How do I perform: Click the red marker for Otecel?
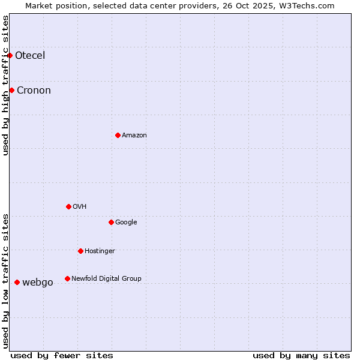[x=10, y=55]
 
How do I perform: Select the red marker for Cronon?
[x=11, y=90]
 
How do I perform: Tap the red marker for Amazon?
[x=118, y=135]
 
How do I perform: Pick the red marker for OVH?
[x=68, y=206]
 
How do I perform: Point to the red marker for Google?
[x=111, y=222]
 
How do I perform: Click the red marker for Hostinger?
[x=80, y=251]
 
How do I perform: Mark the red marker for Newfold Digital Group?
[x=67, y=278]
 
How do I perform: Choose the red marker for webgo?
[x=17, y=282]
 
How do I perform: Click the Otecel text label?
[x=30, y=56]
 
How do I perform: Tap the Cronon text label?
[x=34, y=91]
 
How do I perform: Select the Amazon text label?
[x=134, y=136]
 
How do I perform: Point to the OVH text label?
[x=79, y=207]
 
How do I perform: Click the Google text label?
[x=126, y=223]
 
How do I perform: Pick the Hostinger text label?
[x=100, y=251]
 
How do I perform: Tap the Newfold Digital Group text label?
[x=106, y=279]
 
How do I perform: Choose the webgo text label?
[x=38, y=283]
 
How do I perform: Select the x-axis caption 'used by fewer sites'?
[x=62, y=355]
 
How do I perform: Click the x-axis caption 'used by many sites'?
[x=301, y=355]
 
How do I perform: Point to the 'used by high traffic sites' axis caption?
[x=6, y=85]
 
